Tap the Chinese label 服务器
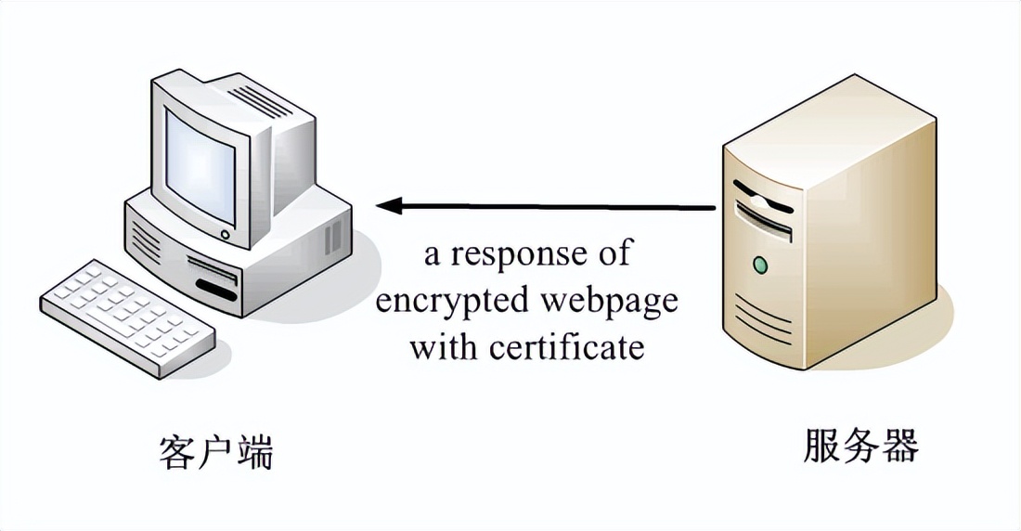click(860, 447)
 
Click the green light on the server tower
click(761, 265)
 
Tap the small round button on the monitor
click(224, 234)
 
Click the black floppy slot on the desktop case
click(215, 291)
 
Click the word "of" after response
click(613, 253)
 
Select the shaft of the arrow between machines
click(557, 206)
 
